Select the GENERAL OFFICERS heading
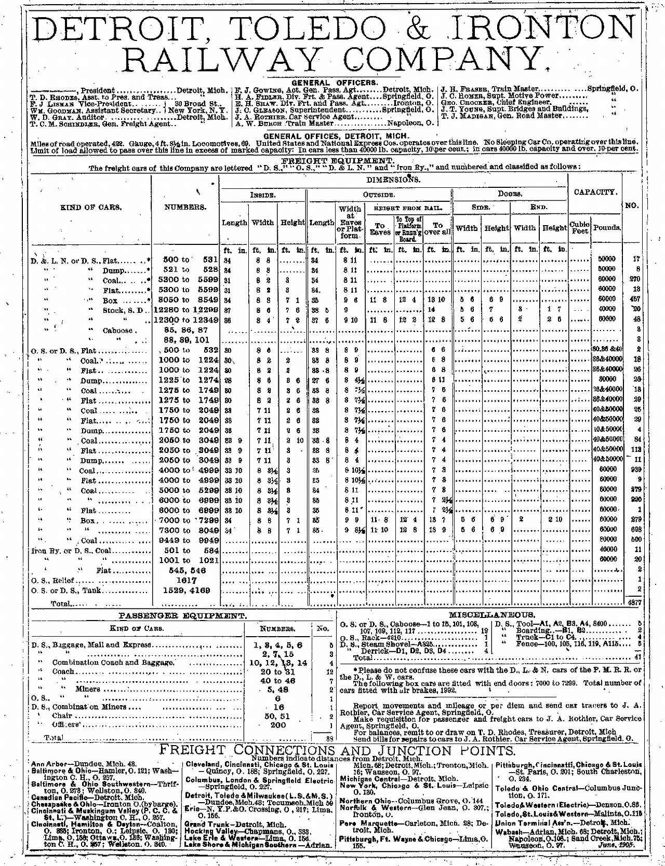pos(332,83)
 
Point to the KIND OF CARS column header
pos(91,207)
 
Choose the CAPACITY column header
pos(595,192)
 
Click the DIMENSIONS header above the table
pos(393,180)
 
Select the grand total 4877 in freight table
pos(634,603)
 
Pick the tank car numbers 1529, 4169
pos(185,590)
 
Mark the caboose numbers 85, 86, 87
pos(185,330)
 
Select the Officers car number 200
pos(278,725)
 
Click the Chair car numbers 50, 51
pos(278,716)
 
